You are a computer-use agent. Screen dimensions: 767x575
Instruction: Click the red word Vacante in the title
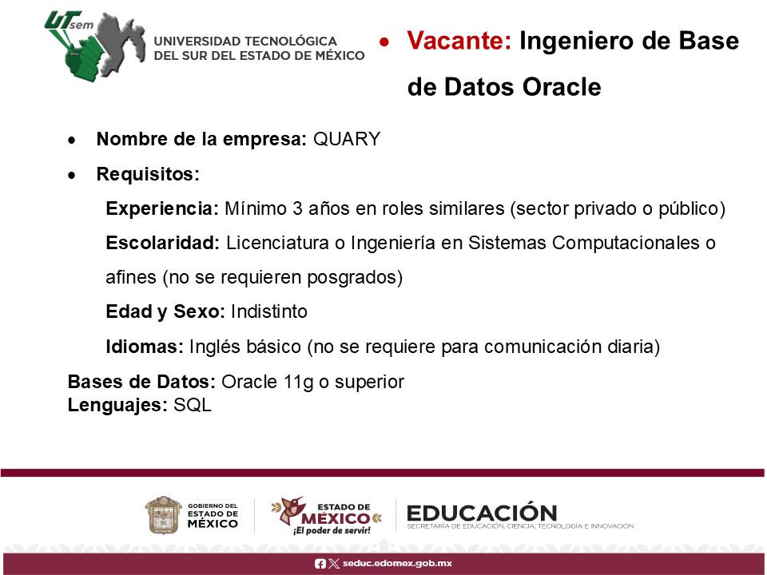(459, 41)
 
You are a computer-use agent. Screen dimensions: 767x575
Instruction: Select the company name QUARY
(346, 139)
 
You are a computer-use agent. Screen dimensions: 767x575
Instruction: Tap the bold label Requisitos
(148, 174)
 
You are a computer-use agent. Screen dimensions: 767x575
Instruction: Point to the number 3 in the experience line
(297, 208)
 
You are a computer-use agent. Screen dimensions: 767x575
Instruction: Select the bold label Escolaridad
(163, 243)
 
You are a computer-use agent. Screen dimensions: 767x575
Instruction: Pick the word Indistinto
(269, 311)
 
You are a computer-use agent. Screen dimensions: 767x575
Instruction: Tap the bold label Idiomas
(145, 347)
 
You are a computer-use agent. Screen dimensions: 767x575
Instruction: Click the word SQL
(193, 406)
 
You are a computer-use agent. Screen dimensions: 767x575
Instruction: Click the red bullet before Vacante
(384, 42)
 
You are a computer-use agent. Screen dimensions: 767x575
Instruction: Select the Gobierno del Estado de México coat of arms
(163, 515)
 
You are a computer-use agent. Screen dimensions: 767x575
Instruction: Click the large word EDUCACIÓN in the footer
(482, 513)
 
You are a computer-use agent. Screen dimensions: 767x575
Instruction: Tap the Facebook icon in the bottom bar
(320, 564)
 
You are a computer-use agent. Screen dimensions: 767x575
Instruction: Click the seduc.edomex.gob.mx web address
(397, 563)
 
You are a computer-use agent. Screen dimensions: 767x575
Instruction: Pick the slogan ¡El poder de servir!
(332, 530)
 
